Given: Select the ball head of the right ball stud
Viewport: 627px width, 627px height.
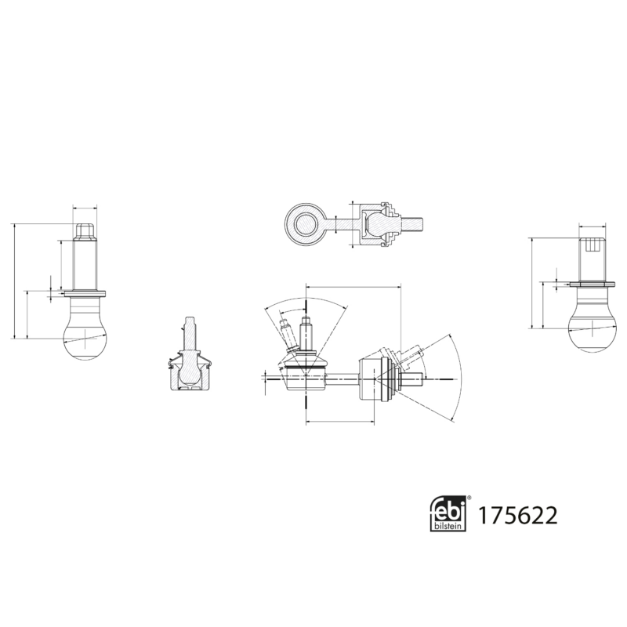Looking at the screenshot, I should [593, 326].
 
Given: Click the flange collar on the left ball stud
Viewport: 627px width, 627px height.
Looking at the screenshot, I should [84, 293].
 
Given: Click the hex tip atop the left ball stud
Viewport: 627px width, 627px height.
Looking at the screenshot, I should [85, 231].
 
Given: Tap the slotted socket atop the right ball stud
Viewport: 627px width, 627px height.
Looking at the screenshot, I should [593, 246].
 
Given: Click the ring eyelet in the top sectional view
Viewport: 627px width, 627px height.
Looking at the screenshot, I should [303, 223].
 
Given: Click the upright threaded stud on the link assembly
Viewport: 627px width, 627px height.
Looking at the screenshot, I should [306, 333].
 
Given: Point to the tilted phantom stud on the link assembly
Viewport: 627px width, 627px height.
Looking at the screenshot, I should [288, 333].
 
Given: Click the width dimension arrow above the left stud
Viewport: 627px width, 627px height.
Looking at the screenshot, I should [85, 208].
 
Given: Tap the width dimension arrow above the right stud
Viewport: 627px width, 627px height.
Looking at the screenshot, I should [593, 227].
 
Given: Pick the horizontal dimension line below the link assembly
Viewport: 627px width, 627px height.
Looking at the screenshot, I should [337, 422].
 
